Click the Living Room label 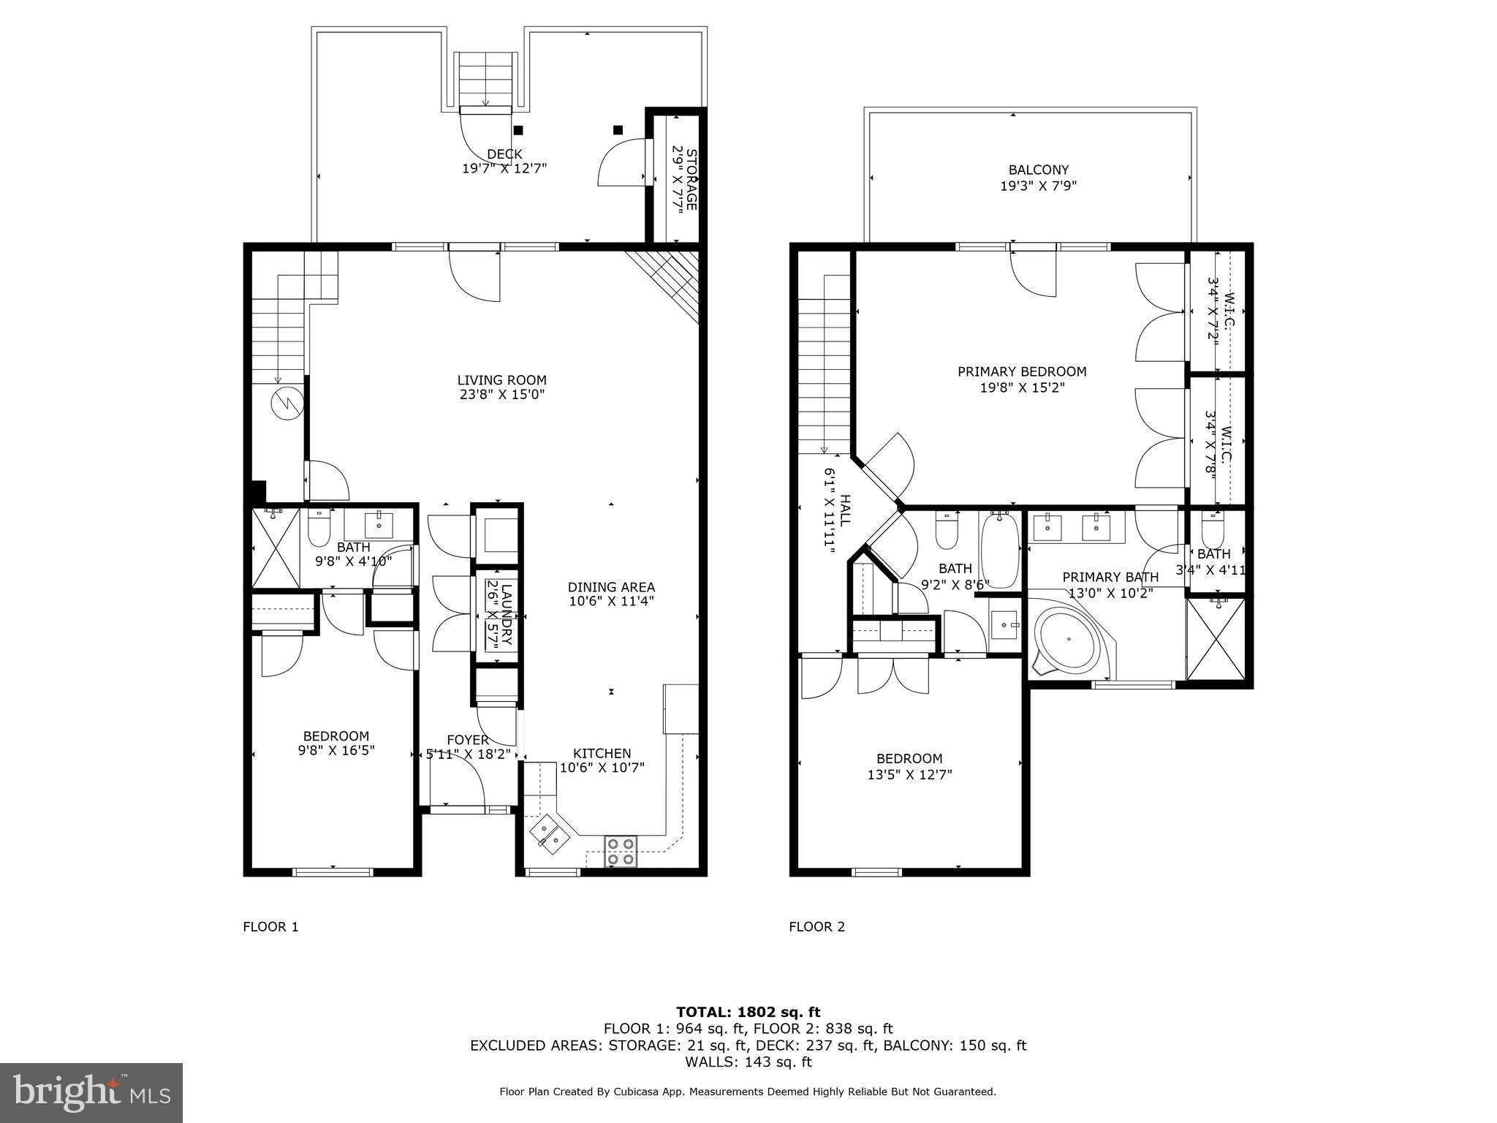tap(501, 380)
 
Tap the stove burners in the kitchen tap(621, 852)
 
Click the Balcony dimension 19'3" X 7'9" tap(1038, 186)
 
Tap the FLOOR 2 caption tap(816, 927)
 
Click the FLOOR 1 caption tap(270, 927)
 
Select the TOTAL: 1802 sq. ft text tap(748, 1013)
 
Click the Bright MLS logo tap(91, 1092)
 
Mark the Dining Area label tap(611, 587)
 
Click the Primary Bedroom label tap(1022, 372)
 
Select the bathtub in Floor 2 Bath tap(999, 551)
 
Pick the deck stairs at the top tap(485, 79)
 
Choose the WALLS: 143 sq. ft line tap(748, 1062)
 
